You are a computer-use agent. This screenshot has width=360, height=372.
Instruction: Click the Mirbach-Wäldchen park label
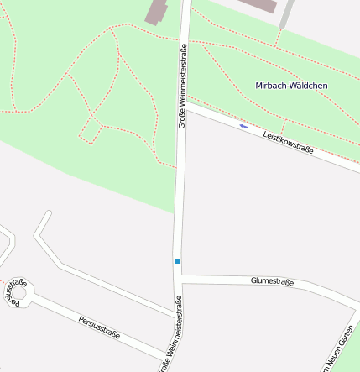click(x=291, y=86)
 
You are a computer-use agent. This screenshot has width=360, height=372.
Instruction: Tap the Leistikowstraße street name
click(x=288, y=142)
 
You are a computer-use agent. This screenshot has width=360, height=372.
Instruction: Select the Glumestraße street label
click(x=272, y=281)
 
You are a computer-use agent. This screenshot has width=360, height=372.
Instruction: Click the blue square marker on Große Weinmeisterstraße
click(x=177, y=261)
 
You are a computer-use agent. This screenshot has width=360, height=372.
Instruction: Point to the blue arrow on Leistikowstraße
click(x=243, y=126)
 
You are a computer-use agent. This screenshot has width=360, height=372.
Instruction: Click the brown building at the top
click(x=157, y=11)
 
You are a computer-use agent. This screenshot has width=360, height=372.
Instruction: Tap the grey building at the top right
click(x=260, y=4)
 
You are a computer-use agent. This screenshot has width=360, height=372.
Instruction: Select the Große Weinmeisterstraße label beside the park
click(x=182, y=86)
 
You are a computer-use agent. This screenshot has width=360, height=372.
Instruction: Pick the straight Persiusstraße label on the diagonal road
click(x=99, y=327)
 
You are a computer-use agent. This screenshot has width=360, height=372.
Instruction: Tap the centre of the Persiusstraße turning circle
click(x=18, y=296)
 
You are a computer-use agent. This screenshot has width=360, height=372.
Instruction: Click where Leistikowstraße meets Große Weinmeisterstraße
click(x=186, y=104)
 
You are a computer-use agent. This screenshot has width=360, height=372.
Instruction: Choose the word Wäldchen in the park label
click(x=308, y=86)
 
